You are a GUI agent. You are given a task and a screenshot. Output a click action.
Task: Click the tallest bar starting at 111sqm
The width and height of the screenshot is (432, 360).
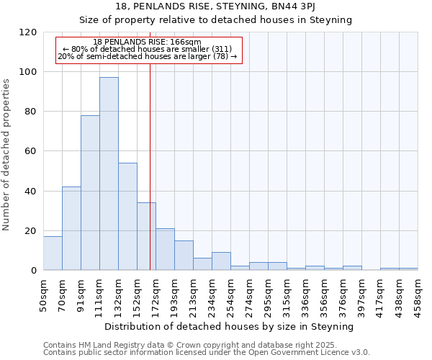click(109, 174)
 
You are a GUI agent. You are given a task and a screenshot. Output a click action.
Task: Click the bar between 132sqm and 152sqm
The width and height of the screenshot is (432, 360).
click(127, 217)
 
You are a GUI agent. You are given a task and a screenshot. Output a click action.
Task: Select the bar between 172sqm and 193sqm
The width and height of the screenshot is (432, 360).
click(165, 249)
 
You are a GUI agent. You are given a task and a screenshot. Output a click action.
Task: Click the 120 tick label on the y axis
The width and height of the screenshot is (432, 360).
click(28, 32)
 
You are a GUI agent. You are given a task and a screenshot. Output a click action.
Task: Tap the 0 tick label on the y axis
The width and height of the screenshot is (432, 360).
click(34, 271)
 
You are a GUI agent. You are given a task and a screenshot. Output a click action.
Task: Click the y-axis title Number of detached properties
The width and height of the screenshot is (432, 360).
click(7, 155)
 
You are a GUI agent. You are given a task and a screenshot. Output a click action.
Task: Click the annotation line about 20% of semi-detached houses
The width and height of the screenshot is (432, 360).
click(148, 56)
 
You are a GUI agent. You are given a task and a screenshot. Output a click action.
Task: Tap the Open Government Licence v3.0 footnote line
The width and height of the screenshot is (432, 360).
click(207, 353)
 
